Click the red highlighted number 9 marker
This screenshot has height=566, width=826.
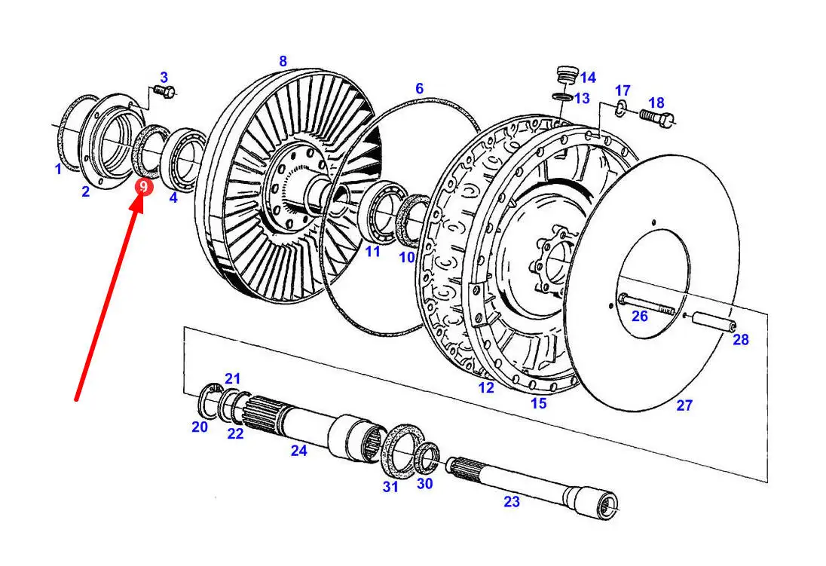click(x=143, y=187)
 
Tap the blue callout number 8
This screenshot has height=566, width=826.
click(x=283, y=61)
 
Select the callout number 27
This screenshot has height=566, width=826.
click(x=684, y=405)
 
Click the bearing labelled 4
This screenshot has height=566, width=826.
click(x=181, y=157)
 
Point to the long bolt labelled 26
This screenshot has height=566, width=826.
click(x=647, y=305)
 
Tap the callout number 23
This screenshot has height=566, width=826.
click(x=512, y=501)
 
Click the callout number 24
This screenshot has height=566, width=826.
click(x=298, y=451)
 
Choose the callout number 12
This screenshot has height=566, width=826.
click(x=485, y=388)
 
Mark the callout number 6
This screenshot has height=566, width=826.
click(x=419, y=88)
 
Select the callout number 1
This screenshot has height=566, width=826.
click(x=59, y=169)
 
